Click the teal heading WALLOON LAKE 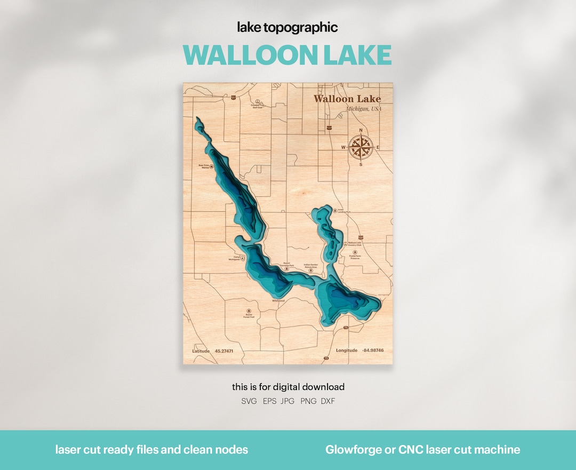pos(287,55)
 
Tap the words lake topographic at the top pos(287,28)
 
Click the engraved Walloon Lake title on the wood pos(347,99)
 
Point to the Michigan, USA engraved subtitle pos(364,109)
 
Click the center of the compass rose pos(361,147)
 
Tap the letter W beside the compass pos(343,148)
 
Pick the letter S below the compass pos(361,164)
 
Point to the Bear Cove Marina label pos(203,166)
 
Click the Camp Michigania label pos(233,259)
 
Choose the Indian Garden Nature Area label pos(311,265)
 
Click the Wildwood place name pos(278,300)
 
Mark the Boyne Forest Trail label pos(249,316)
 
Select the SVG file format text pos(249,401)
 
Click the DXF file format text pos(328,401)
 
